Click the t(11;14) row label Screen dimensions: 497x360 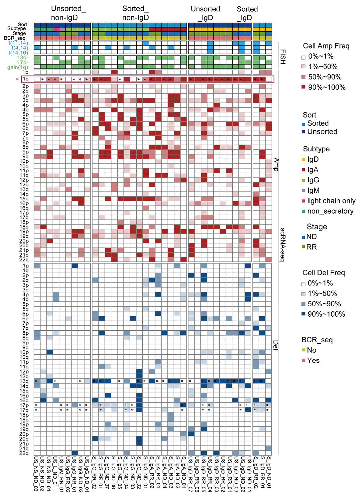click(18, 43)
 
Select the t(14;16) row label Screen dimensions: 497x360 click(18, 53)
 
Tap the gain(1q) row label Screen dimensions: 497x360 click(18, 67)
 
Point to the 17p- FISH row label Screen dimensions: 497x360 click(23, 62)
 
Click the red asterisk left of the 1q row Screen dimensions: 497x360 click(18, 79)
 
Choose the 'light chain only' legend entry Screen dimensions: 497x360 click(331, 201)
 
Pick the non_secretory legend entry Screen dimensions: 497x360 click(330, 211)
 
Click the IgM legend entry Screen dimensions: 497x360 click(313, 191)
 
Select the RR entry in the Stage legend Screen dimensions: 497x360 click(311, 247)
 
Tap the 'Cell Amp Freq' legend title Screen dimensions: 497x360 click(326, 46)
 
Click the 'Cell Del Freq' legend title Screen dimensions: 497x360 click(323, 273)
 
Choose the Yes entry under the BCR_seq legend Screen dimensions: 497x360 click(313, 360)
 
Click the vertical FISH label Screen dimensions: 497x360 click(283, 57)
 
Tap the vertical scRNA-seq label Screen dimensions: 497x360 click(282, 245)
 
